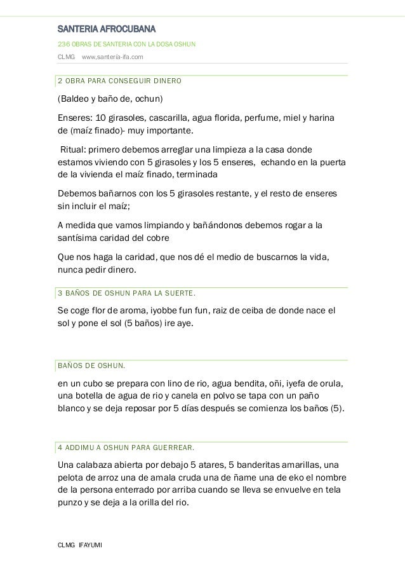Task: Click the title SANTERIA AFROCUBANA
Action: click(x=107, y=29)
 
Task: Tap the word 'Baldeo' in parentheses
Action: click(x=74, y=100)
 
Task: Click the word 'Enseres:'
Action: click(x=75, y=119)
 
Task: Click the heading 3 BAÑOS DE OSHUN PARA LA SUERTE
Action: click(x=127, y=294)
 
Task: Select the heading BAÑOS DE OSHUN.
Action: click(x=91, y=366)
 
